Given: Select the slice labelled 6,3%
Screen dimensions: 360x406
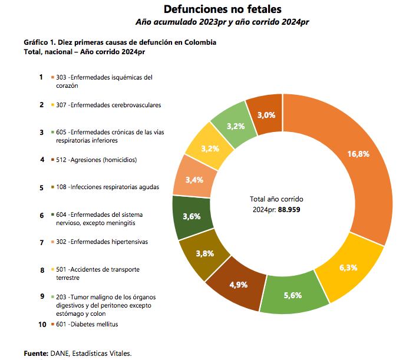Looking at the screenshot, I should (x=348, y=267).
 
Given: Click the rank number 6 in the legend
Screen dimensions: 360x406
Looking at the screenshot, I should (x=42, y=216).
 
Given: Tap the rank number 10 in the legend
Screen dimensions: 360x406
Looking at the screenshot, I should (x=42, y=324).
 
